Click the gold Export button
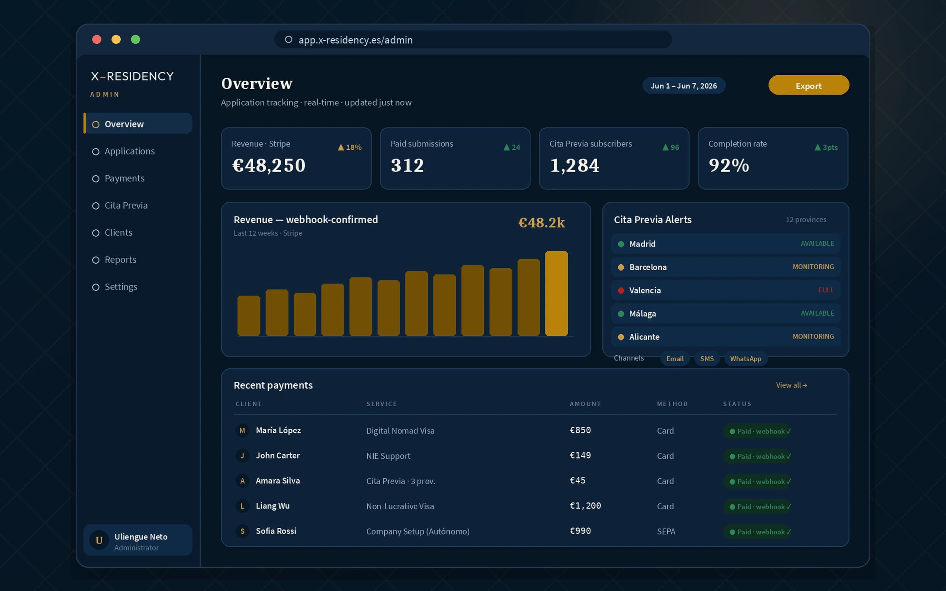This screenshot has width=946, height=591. pos(808,85)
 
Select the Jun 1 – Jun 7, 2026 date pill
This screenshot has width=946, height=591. pos(683,85)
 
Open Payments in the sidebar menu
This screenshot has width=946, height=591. pos(124,178)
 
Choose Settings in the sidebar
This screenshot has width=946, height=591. pos(121,287)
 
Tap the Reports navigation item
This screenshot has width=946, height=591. pos(120,260)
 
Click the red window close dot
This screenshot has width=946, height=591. pos(97,39)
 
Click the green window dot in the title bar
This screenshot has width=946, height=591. pos(136,39)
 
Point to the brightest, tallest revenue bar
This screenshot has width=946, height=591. pos(557,294)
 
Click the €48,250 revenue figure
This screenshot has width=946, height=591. pos(269,165)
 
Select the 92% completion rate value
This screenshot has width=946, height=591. pos(729,165)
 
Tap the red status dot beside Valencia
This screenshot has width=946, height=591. pos(621,290)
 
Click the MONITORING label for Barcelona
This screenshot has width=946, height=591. pos(813,267)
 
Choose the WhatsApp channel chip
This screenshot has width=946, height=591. pos(745,359)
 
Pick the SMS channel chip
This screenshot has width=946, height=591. pos(707,359)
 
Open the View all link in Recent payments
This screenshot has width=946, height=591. pos(791,385)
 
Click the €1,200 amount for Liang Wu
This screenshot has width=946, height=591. pos(585,506)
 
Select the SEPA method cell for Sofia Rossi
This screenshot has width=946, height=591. pos(666,532)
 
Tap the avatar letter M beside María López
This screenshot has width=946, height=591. pos(242,431)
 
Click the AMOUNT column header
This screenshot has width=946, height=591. pos(585,404)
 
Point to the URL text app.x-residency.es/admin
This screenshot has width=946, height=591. pos(356,40)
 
